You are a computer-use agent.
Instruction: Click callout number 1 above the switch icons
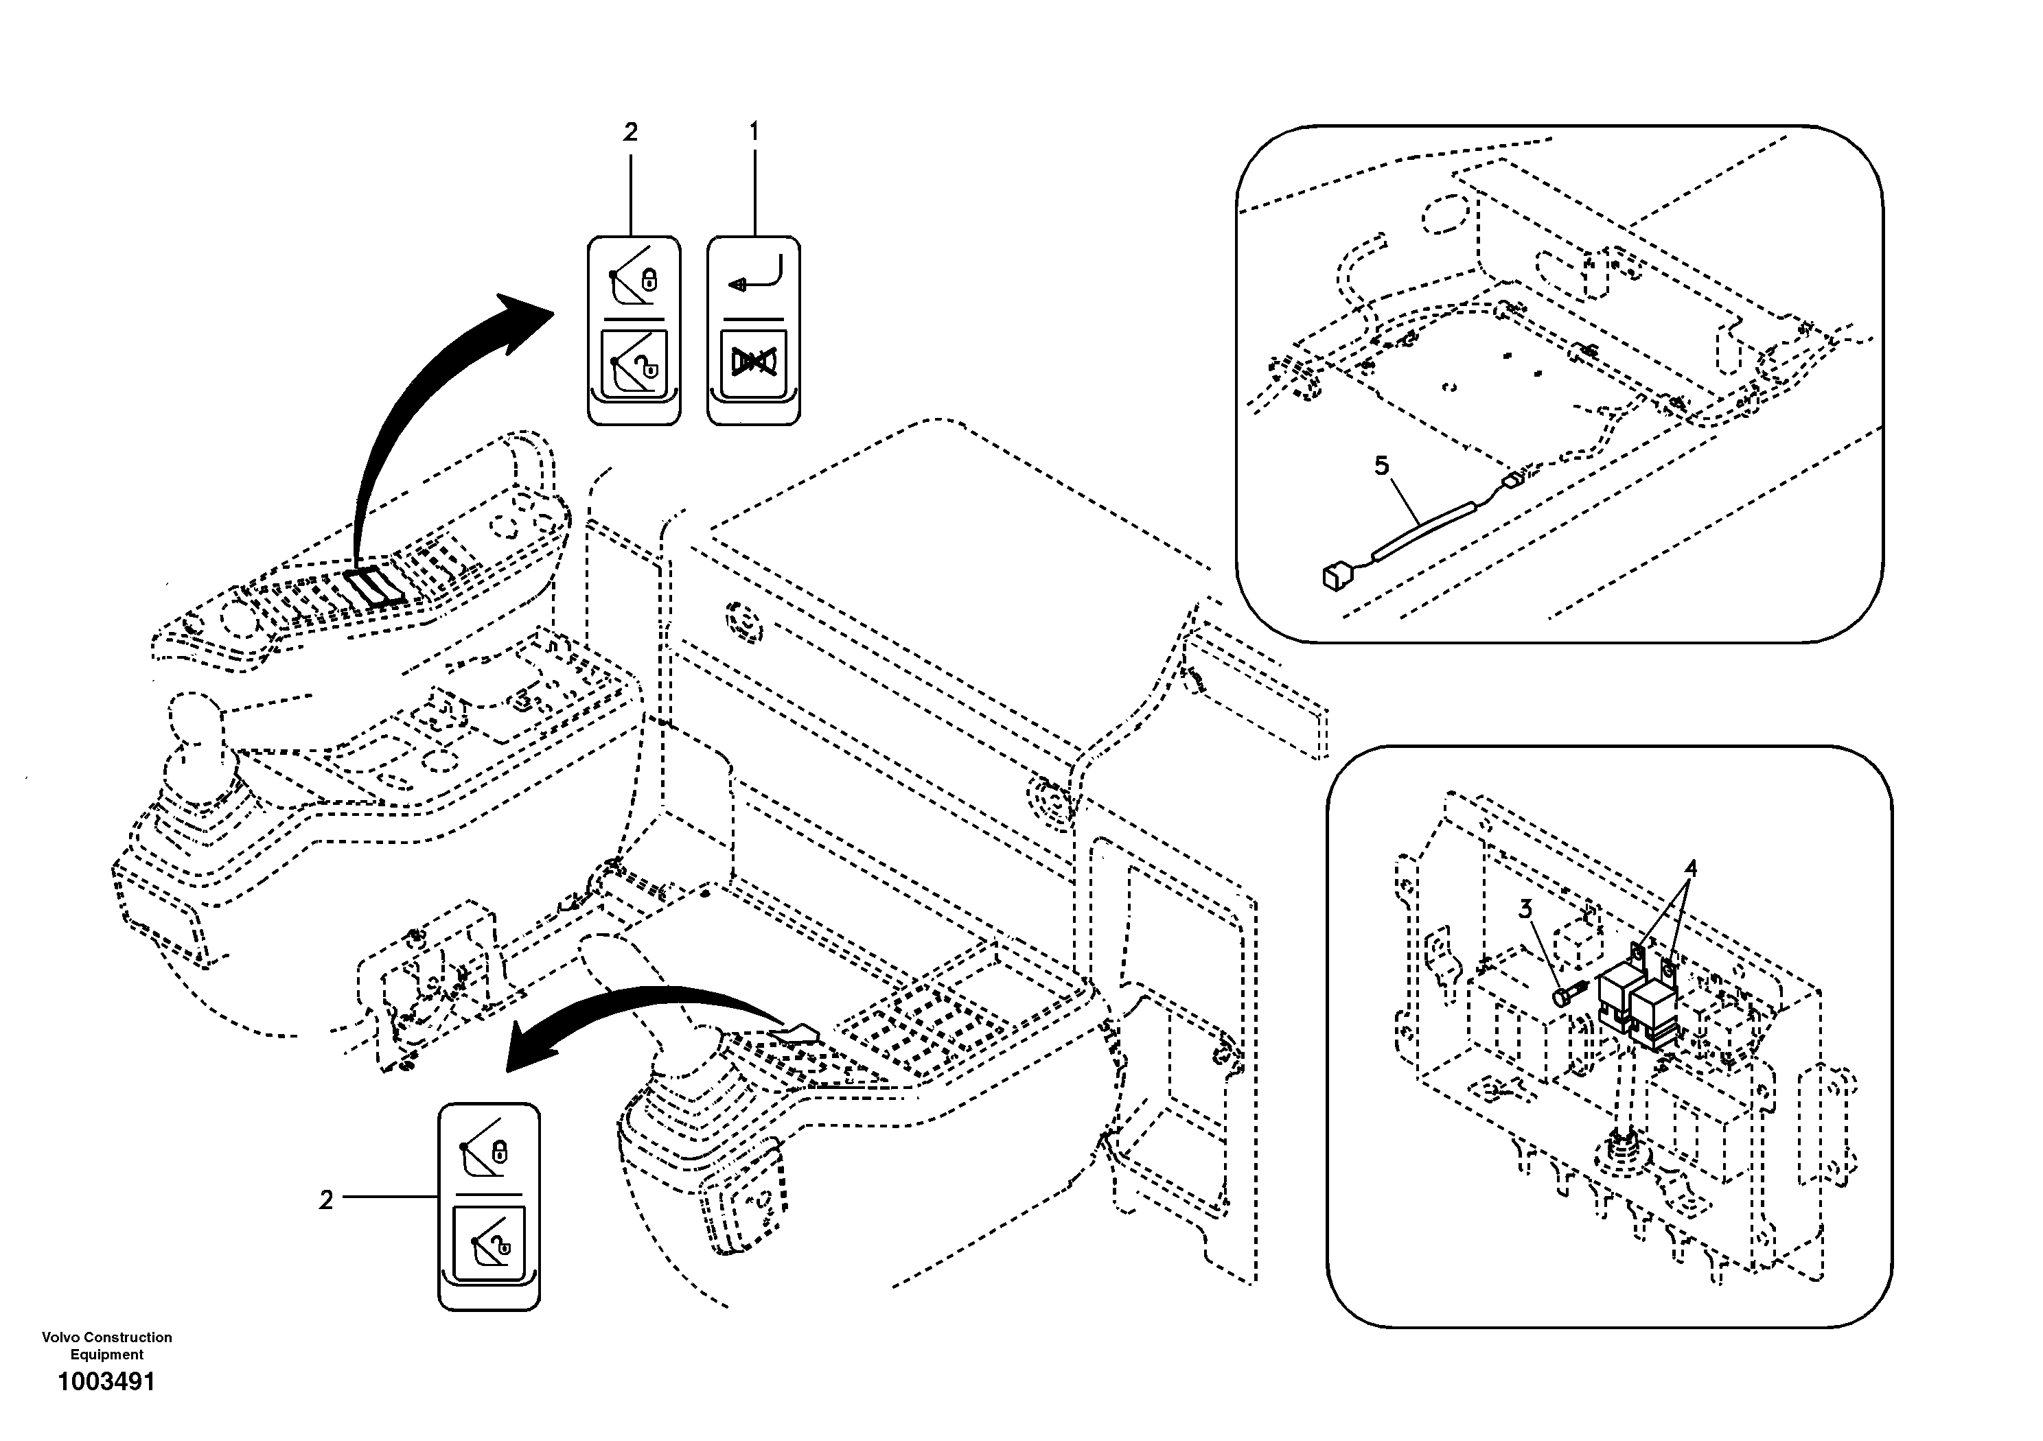[754, 132]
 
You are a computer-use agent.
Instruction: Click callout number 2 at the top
[630, 132]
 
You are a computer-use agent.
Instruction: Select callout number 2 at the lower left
[325, 1200]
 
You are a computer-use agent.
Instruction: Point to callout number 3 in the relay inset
[1525, 909]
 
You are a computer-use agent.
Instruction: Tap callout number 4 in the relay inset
[1689, 868]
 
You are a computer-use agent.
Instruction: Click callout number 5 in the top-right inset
[1381, 465]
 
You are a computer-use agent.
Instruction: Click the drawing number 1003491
[106, 1381]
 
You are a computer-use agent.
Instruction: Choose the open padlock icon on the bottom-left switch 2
[503, 1249]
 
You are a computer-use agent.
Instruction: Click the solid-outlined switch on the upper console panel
[373, 587]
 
